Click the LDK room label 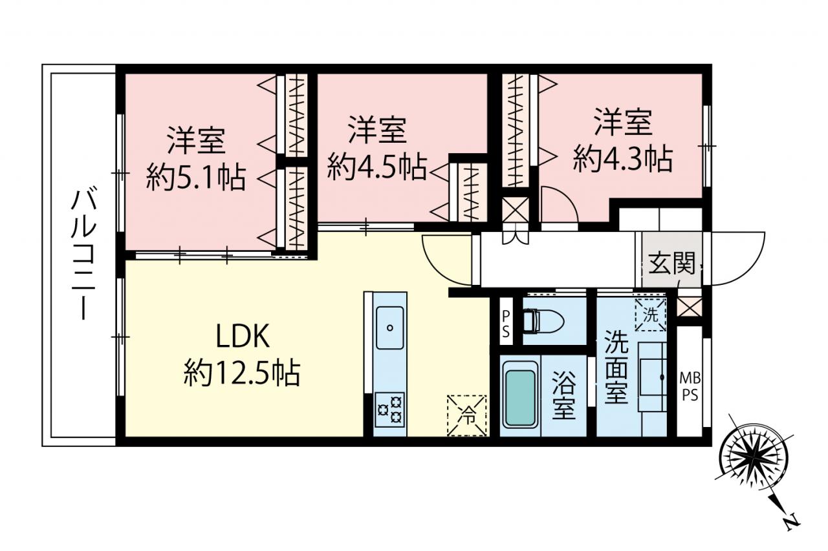[x=243, y=335]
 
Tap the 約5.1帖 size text [x=195, y=178]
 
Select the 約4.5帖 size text [x=377, y=167]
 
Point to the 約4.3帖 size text [x=623, y=160]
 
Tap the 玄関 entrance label [x=671, y=263]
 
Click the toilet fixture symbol [x=543, y=321]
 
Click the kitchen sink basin [x=389, y=327]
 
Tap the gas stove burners [x=389, y=410]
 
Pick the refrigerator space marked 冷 [x=466, y=416]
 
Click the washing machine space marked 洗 [x=651, y=315]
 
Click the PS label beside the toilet [x=506, y=324]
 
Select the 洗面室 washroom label [x=616, y=367]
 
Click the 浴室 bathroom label [x=563, y=395]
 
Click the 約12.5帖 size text [x=242, y=373]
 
